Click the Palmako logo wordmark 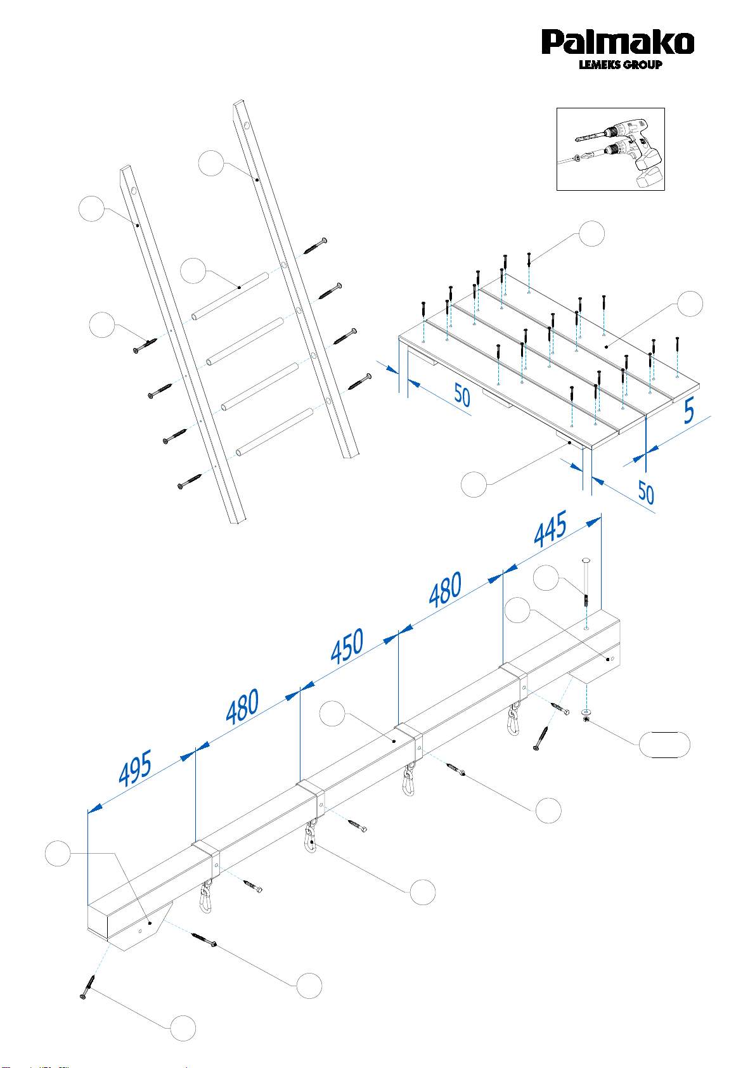(x=617, y=42)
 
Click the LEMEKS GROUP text (x=620, y=65)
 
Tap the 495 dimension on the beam (x=135, y=768)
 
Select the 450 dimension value (x=347, y=646)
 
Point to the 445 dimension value (x=550, y=528)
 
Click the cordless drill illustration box (x=610, y=149)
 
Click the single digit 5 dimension (x=688, y=411)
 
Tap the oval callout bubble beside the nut (x=664, y=745)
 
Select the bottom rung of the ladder (x=274, y=432)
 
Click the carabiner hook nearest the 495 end (x=206, y=896)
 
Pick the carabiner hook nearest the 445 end (x=513, y=719)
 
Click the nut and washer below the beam (x=586, y=714)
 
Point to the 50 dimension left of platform (x=461, y=396)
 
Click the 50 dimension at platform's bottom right (x=646, y=492)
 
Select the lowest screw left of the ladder (x=190, y=482)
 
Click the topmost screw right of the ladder (x=315, y=245)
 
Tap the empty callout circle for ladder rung (x=193, y=271)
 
